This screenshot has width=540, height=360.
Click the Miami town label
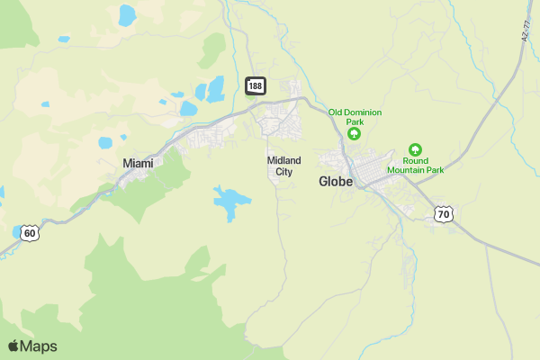point(138,163)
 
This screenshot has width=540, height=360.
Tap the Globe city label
point(335,181)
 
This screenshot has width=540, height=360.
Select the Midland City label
point(284,166)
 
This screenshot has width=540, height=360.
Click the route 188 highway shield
point(256,85)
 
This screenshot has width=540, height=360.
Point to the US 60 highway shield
point(30,233)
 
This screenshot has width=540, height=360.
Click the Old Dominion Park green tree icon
point(355,134)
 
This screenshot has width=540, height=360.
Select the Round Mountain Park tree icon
point(415,148)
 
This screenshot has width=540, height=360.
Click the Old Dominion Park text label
point(355,117)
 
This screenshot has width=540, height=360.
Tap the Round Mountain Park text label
point(416,165)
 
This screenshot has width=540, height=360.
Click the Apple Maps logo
point(32,346)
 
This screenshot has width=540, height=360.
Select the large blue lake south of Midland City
point(231,201)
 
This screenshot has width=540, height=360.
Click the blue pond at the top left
point(127,14)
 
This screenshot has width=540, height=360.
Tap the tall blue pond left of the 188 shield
point(215,88)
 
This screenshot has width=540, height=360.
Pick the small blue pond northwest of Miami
point(105,142)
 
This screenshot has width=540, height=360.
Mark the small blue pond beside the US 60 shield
point(17,231)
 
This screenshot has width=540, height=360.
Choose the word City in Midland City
point(284,171)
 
